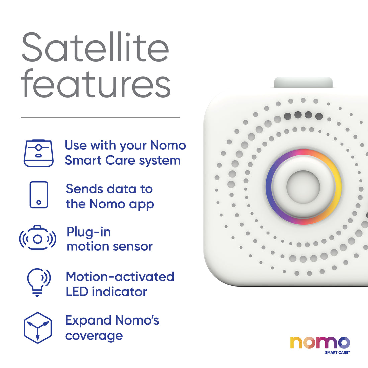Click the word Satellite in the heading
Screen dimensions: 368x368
tap(95, 48)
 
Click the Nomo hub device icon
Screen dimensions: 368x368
tap(38, 153)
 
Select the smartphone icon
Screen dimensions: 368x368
tap(39, 195)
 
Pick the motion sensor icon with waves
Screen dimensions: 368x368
tap(37, 238)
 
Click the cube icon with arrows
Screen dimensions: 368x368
tap(38, 328)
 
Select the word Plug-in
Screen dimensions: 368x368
tap(89, 232)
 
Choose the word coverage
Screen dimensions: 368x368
tap(94, 336)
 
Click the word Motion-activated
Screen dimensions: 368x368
tap(120, 277)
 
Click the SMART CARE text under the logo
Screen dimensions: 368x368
tap(337, 352)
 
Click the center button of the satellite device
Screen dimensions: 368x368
tap(303, 187)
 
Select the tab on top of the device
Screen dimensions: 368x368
tap(303, 82)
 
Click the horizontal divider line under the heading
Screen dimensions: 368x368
tap(100, 118)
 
